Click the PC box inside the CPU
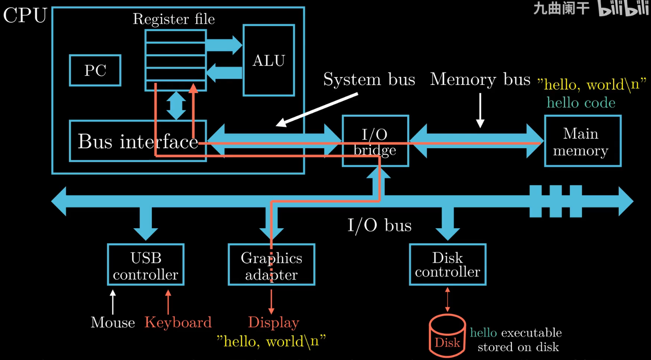point(95,71)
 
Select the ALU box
point(269,60)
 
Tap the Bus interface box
point(137,141)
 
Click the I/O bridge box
point(375,142)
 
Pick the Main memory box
point(582,142)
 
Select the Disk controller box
point(447,265)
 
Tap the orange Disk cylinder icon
point(447,336)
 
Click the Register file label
point(174,19)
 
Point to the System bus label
point(369,79)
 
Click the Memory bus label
point(480,79)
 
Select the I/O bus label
point(379,225)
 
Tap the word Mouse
point(113,322)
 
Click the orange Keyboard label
point(178,322)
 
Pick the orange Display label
point(273,322)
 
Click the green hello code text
point(581,102)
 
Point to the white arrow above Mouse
point(113,302)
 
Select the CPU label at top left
point(25,16)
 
